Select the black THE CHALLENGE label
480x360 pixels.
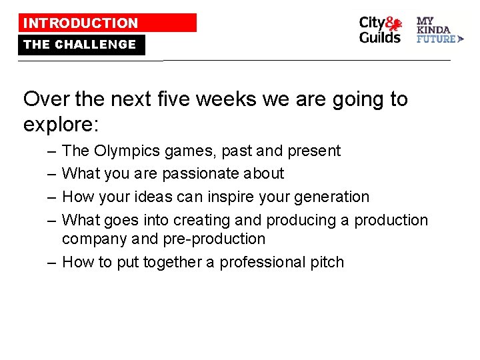(x=81, y=45)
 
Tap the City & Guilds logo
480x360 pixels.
(x=381, y=30)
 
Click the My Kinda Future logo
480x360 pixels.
(x=439, y=30)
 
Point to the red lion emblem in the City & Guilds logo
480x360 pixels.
(x=395, y=25)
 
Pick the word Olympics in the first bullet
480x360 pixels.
(x=123, y=151)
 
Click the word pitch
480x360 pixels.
(x=327, y=262)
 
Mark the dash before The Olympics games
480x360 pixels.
(x=51, y=151)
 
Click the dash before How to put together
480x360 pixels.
(x=51, y=262)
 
